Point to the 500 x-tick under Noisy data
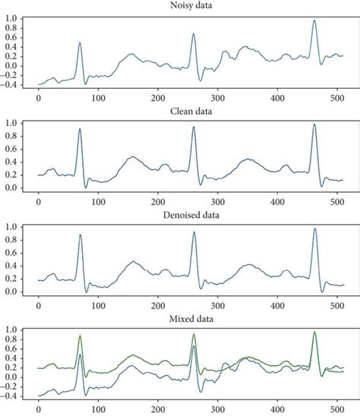pyautogui.click(x=337, y=97)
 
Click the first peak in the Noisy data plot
pyautogui.click(x=80, y=43)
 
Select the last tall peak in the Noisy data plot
pyautogui.click(x=314, y=20)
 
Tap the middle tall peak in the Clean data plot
pyautogui.click(x=194, y=127)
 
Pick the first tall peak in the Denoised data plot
pyautogui.click(x=80, y=235)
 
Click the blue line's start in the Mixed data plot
pyautogui.click(x=39, y=396)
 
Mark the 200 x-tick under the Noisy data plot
pyautogui.click(x=158, y=97)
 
